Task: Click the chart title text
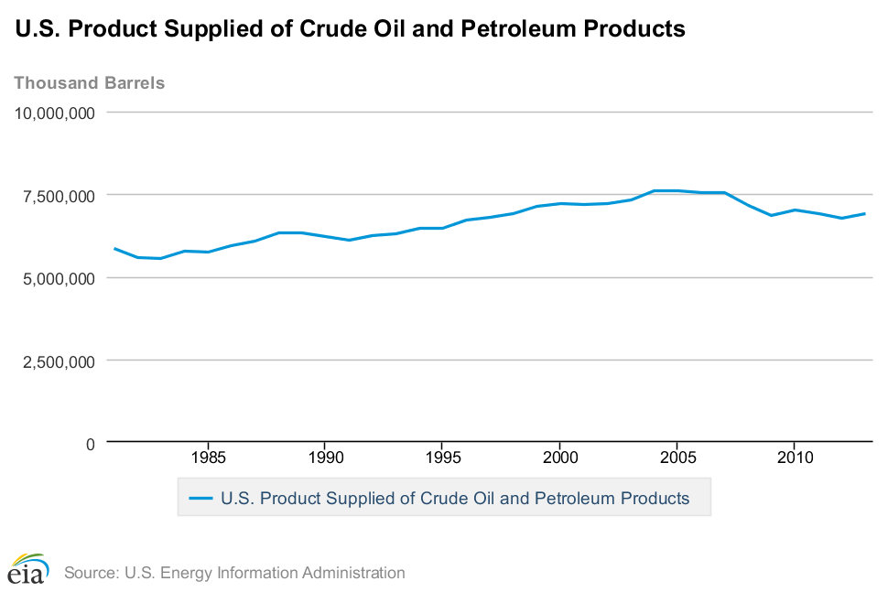pos(350,29)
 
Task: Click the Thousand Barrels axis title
pos(90,83)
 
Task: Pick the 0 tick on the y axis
pos(90,444)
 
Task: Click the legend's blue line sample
pos(200,499)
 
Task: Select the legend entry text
pos(454,499)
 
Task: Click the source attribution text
pos(234,574)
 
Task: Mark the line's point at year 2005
pos(677,190)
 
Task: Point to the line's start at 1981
pos(114,248)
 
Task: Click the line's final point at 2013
pos(864,213)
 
